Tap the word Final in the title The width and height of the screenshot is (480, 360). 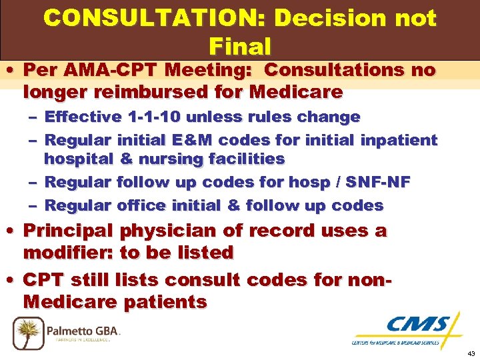click(x=239, y=47)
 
